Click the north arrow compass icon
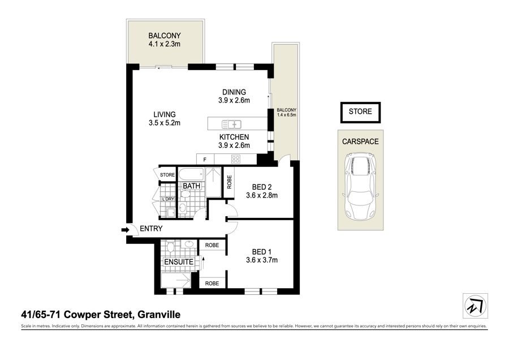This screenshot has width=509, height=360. (x=475, y=306)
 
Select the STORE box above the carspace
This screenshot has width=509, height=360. (x=360, y=113)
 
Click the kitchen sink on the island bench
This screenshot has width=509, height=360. (x=231, y=124)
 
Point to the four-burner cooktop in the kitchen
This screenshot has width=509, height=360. (x=236, y=159)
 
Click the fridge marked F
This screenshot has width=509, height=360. (x=205, y=160)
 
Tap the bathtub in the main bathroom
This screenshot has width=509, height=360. (x=191, y=174)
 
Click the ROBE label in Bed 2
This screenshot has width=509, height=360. (x=229, y=182)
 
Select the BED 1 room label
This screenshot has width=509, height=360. (x=262, y=252)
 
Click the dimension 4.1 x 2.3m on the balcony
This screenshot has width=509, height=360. (x=164, y=44)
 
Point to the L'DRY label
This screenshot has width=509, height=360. (x=168, y=199)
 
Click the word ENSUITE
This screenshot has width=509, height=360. (x=179, y=262)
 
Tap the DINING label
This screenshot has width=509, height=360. (x=234, y=92)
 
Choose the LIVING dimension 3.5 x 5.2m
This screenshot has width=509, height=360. (x=164, y=123)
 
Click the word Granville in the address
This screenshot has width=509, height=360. (x=159, y=315)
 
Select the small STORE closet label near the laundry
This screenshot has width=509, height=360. (x=167, y=175)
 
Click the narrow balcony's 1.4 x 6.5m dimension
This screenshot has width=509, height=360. (x=286, y=115)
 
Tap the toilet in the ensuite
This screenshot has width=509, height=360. (x=170, y=247)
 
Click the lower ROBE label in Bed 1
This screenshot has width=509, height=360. (x=212, y=284)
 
